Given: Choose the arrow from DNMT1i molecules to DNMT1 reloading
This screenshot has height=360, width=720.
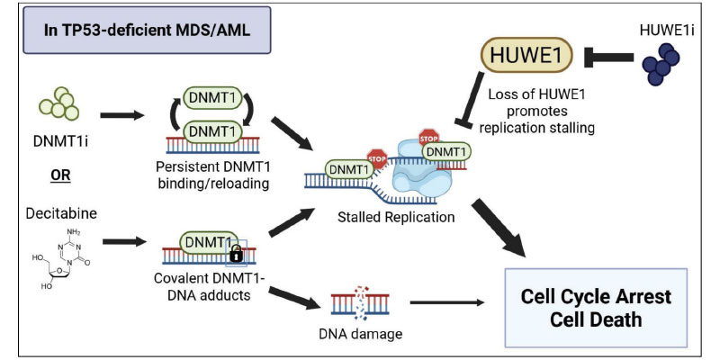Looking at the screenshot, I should pyautogui.click(x=125, y=115).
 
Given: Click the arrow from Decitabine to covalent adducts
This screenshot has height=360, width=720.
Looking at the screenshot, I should pyautogui.click(x=125, y=241).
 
